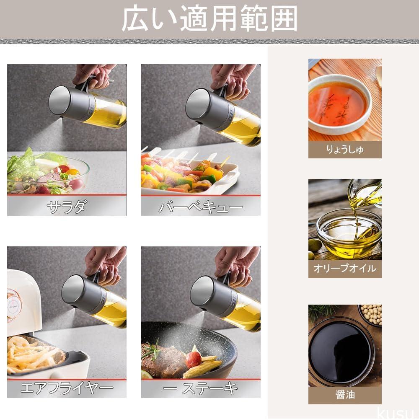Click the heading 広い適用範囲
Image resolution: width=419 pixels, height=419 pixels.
pyautogui.click(x=209, y=19)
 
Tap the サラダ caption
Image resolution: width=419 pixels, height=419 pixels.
pyautogui.click(x=67, y=207)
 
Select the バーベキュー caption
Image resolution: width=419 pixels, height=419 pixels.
pyautogui.click(x=201, y=207)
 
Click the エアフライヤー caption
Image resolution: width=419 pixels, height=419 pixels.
pyautogui.click(x=67, y=388)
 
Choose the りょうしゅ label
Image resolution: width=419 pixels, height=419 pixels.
pyautogui.click(x=345, y=150)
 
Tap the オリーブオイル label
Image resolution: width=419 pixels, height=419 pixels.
pyautogui.click(x=345, y=268)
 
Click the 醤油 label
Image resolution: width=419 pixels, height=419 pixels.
pyautogui.click(x=345, y=394)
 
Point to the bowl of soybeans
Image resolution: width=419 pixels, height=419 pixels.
pyautogui.click(x=370, y=316)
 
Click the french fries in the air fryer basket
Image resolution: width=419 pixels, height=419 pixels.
pyautogui.click(x=32, y=354)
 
